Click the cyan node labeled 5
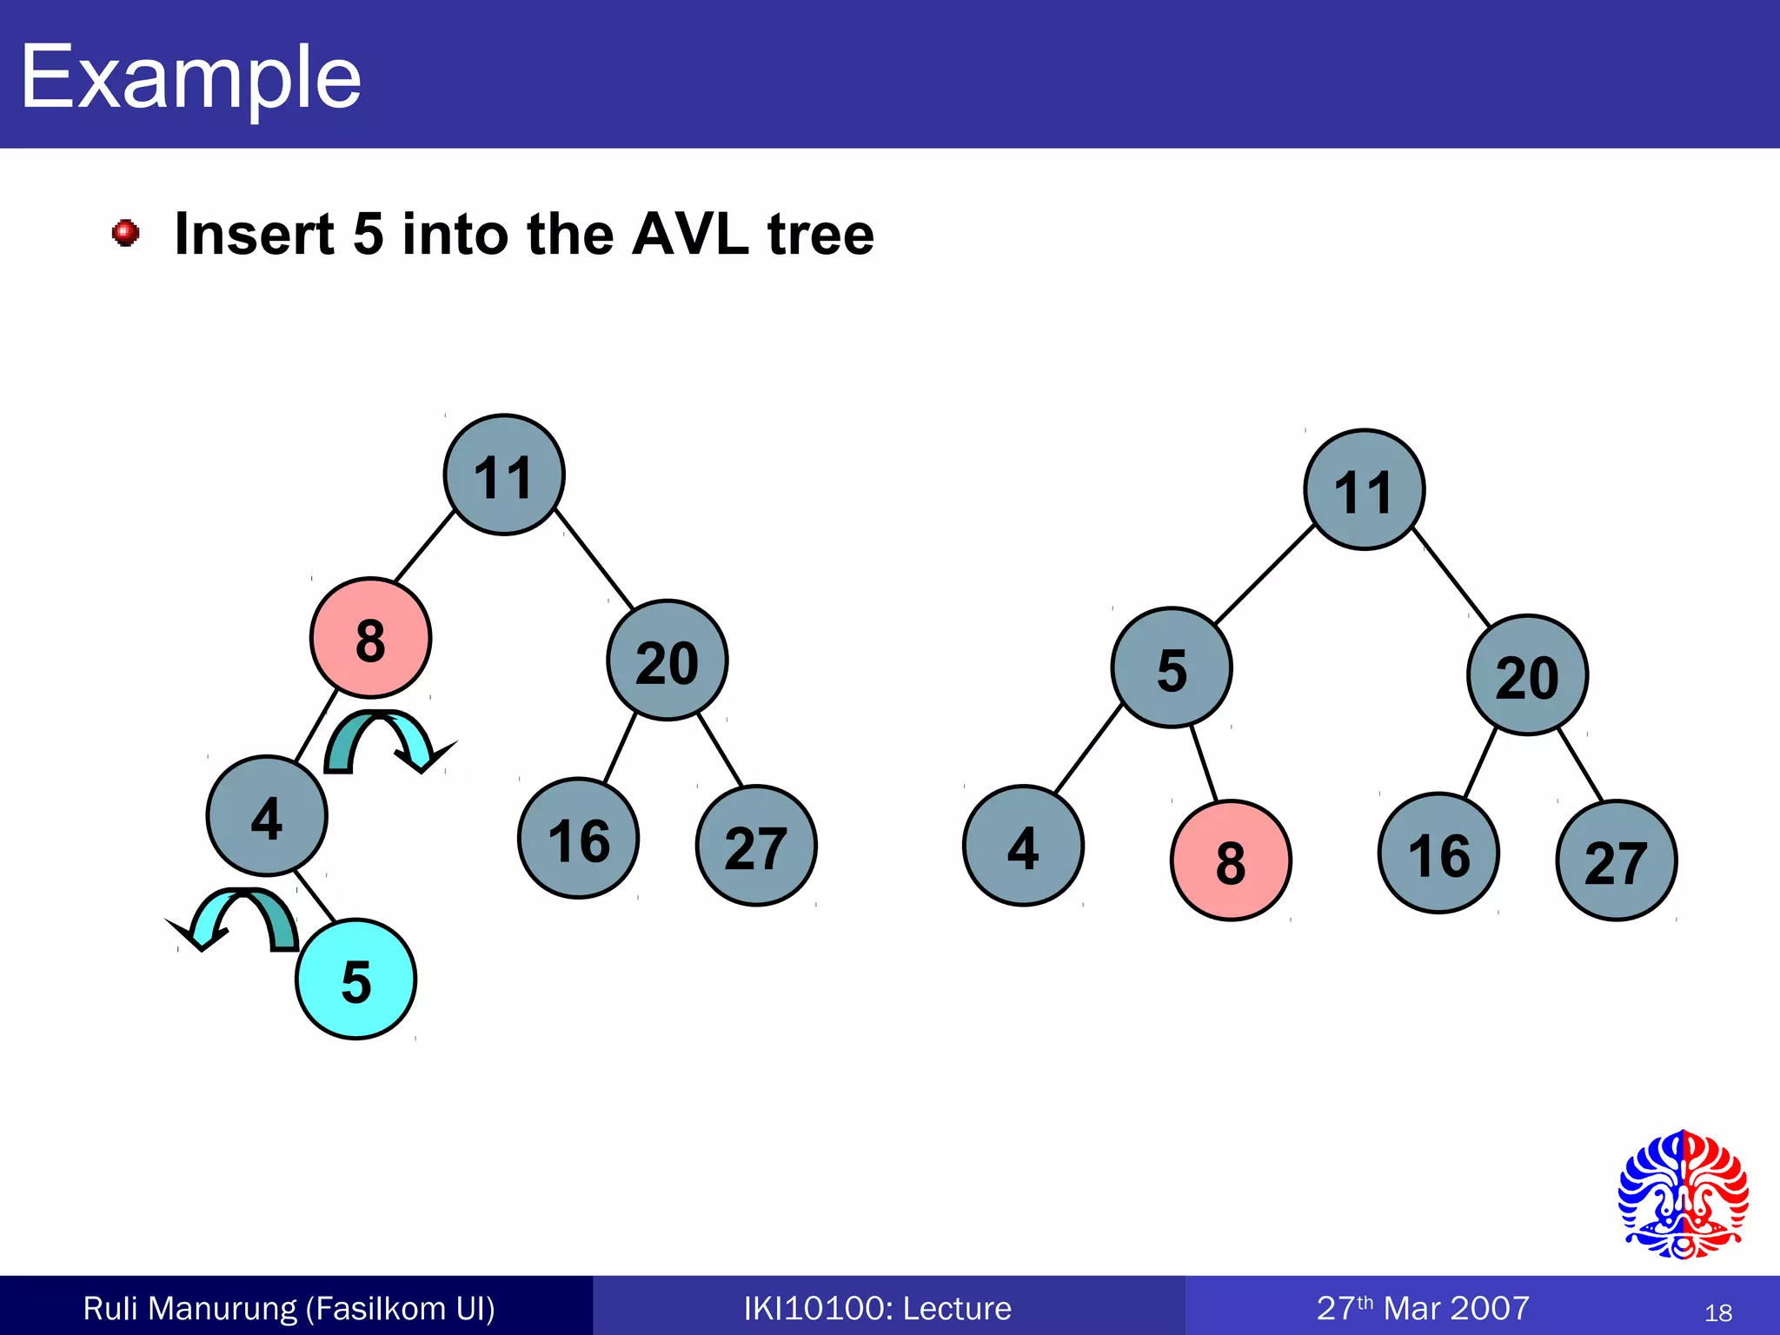point(355,980)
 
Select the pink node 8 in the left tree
point(370,638)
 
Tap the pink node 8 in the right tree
point(1231,860)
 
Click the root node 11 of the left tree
point(504,475)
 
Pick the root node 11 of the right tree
point(1364,490)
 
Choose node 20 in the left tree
point(667,661)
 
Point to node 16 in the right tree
point(1438,853)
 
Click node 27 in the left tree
point(756,846)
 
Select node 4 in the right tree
point(1023,846)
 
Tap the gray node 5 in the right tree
point(1171,667)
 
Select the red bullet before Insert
point(126,233)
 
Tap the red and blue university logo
point(1683,1195)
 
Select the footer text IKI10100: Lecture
point(877,1308)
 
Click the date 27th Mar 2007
point(1423,1308)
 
